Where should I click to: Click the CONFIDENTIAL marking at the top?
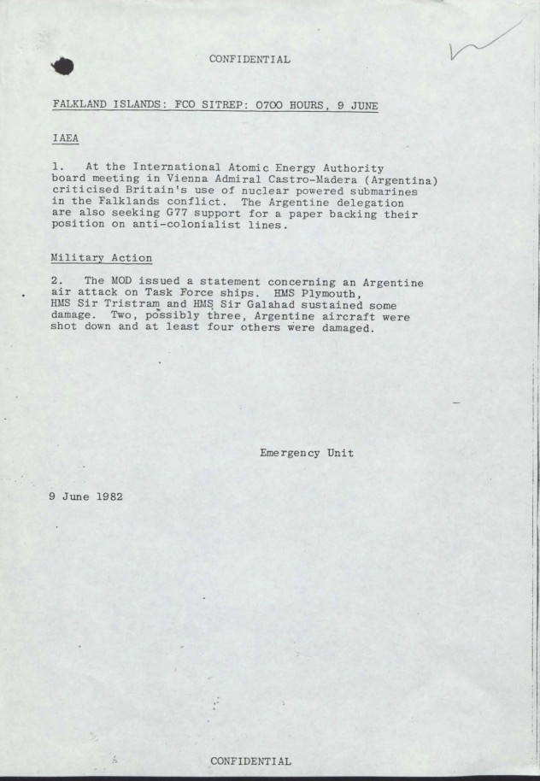pos(249,60)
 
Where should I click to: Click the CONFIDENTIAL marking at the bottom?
pos(250,760)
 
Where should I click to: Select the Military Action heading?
pos(102,258)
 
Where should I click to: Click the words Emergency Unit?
pos(307,453)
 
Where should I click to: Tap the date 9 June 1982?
pos(86,496)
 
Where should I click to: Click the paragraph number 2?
pos(56,282)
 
